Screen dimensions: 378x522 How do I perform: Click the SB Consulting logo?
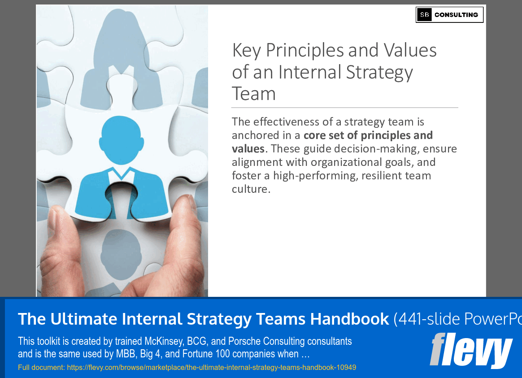click(x=449, y=15)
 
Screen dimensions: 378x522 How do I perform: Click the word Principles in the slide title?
click(x=305, y=50)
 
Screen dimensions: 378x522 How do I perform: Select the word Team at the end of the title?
click(x=254, y=94)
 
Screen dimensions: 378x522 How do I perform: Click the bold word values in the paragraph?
click(x=248, y=149)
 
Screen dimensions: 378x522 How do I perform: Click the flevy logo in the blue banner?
click(x=471, y=350)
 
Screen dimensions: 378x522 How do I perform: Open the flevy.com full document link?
click(x=187, y=368)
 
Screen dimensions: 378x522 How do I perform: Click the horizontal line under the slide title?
click(x=344, y=108)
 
